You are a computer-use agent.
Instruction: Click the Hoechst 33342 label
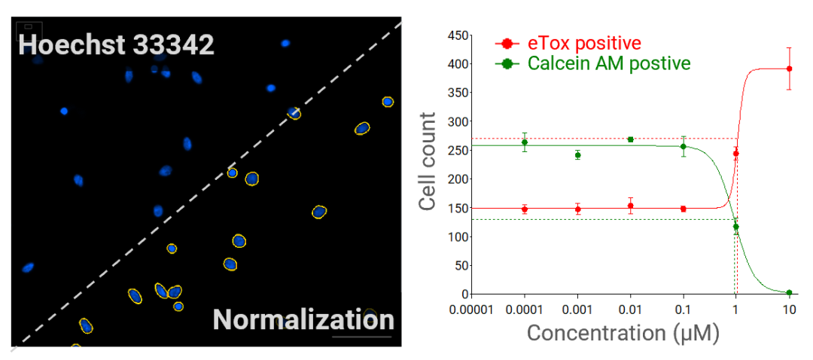point(117,44)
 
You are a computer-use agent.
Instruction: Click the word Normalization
point(303,319)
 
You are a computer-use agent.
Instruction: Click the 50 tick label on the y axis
point(458,265)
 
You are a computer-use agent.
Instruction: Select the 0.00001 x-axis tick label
point(472,309)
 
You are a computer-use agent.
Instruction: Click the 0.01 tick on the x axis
point(630,309)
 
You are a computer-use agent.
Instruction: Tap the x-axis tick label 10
point(788,309)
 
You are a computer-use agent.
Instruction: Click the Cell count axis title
point(428,162)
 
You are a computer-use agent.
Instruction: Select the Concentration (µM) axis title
point(623,333)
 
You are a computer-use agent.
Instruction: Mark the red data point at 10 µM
point(789,69)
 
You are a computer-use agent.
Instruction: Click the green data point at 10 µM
point(789,292)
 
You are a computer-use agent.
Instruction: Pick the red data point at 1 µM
point(736,154)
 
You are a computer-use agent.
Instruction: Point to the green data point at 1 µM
point(736,227)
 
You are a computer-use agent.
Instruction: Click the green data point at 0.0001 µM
point(525,142)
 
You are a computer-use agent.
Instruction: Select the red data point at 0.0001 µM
point(525,209)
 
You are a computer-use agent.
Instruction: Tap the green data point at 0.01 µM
point(630,139)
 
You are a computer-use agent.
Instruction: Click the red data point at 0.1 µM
point(684,209)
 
